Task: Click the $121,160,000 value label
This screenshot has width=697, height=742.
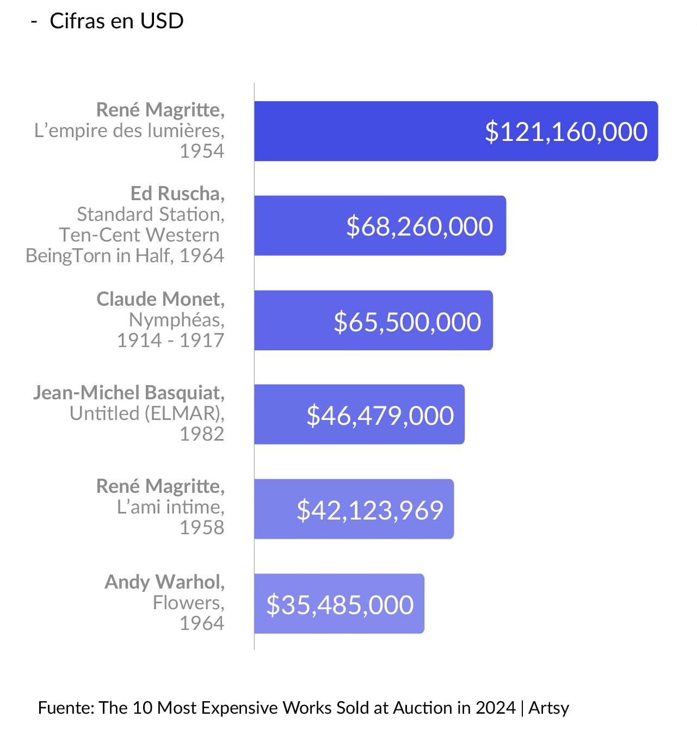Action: [566, 132]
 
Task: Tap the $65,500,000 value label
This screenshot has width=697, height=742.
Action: [407, 321]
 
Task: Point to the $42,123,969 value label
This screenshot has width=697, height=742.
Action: [370, 510]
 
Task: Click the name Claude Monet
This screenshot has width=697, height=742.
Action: [161, 299]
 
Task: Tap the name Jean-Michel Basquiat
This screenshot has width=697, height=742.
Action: [129, 392]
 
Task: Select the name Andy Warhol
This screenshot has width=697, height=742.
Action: [164, 582]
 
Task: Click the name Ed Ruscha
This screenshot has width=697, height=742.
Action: [177, 193]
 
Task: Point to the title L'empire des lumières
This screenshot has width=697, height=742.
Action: [129, 131]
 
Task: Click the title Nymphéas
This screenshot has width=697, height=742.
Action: [176, 319]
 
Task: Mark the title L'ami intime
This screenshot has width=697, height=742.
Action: [170, 506]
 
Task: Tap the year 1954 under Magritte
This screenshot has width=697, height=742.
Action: [202, 151]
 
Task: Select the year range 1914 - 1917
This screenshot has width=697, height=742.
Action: [170, 340]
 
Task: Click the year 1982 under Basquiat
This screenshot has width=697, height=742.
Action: [202, 434]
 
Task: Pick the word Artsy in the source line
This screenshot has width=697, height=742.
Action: [548, 708]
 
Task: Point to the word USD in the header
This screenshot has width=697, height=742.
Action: [162, 21]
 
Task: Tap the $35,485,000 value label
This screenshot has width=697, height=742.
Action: [340, 604]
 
